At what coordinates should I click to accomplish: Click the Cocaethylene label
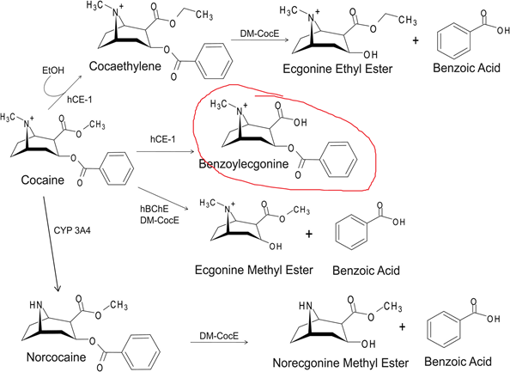125,66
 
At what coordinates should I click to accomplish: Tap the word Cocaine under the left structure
43,180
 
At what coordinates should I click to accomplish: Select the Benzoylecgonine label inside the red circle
244,164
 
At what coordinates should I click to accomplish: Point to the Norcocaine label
57,357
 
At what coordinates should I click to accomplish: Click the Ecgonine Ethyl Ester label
337,69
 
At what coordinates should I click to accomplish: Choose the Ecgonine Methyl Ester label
253,270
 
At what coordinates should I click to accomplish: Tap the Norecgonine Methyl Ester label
340,363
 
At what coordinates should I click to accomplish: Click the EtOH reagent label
53,70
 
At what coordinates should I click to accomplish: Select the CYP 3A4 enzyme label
72,230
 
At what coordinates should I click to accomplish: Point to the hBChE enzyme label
155,209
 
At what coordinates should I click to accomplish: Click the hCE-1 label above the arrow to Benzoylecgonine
162,139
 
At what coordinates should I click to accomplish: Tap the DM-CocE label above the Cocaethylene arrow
260,34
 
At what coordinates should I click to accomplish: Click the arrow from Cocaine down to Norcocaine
51,244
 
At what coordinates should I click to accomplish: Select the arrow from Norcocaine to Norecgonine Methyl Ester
219,342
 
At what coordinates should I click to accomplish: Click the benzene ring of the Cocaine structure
117,168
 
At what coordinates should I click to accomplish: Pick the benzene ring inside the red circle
341,160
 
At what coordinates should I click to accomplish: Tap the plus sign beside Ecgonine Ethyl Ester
416,40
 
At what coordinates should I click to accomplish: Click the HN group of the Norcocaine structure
36,305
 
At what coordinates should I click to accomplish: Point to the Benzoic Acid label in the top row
467,68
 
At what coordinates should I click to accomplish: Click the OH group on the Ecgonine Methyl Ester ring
276,247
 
